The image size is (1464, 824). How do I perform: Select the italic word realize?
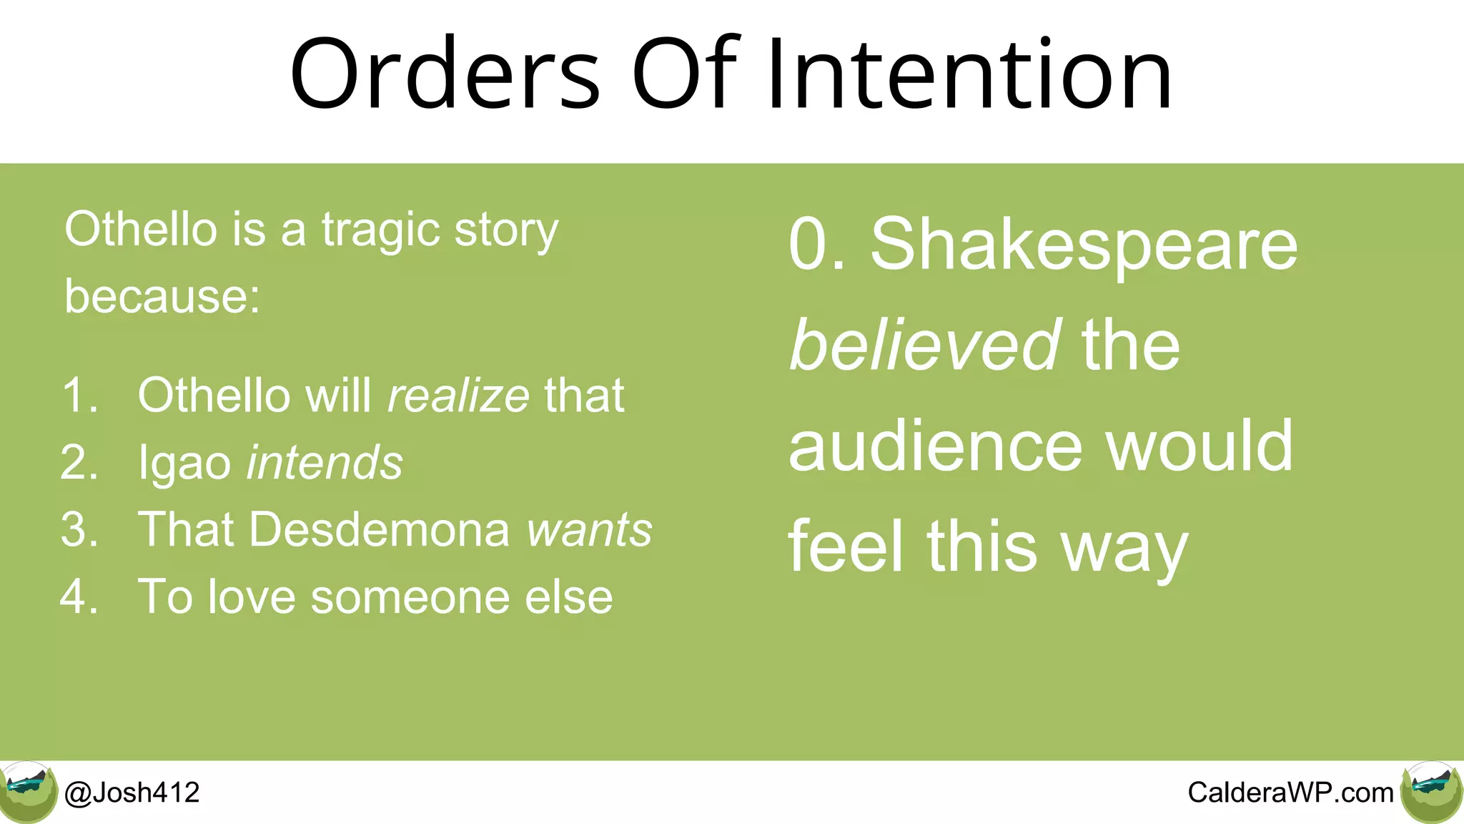pyautogui.click(x=458, y=396)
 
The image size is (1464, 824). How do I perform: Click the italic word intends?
pyautogui.click(x=325, y=463)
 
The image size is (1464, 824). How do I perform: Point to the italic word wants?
pyautogui.click(x=589, y=530)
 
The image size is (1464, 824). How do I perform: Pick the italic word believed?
pyautogui.click(x=924, y=345)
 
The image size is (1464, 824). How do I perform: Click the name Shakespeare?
pyautogui.click(x=1083, y=245)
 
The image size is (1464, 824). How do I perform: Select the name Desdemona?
pyautogui.click(x=380, y=530)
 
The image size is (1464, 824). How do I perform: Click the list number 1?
pyautogui.click(x=79, y=396)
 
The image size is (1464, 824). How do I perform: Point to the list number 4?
pyautogui.click(x=79, y=597)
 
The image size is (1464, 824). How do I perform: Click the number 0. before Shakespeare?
pyautogui.click(x=816, y=245)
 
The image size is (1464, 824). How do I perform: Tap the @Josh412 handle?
pyautogui.click(x=132, y=793)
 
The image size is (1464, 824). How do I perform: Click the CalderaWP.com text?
pyautogui.click(x=1290, y=793)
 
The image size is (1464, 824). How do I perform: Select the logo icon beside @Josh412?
pyautogui.click(x=28, y=791)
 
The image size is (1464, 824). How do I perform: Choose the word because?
pyautogui.click(x=162, y=296)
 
